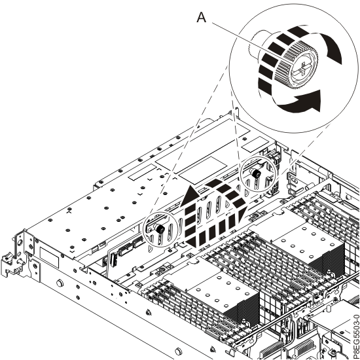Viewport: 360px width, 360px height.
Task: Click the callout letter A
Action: pyautogui.click(x=202, y=20)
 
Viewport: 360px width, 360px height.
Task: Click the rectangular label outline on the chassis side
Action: pyautogui.click(x=48, y=252)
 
